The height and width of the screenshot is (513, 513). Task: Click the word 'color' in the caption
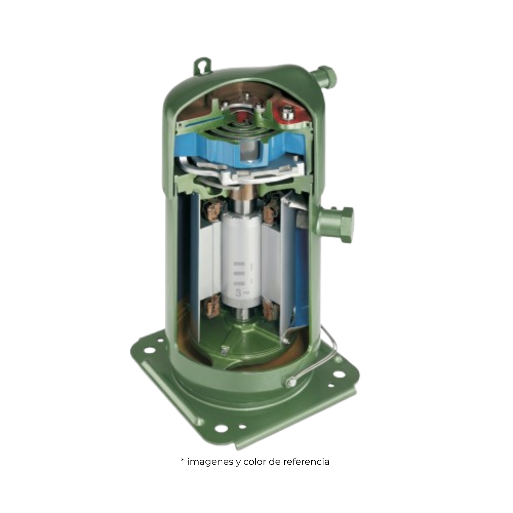255,462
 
